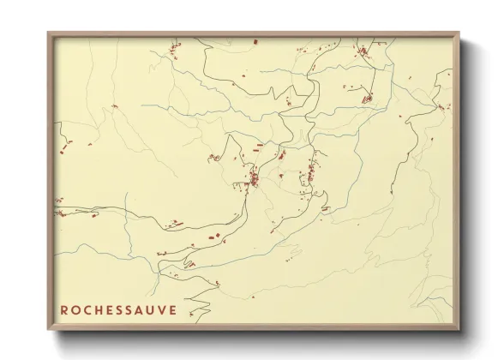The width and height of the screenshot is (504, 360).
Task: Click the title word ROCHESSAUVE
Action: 117,309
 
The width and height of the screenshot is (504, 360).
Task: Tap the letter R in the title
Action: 63,309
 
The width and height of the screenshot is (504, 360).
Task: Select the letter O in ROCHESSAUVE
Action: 75,309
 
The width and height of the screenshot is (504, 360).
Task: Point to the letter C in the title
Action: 86,309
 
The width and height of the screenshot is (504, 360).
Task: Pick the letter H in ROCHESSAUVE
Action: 97,309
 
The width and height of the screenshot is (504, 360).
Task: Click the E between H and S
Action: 107,309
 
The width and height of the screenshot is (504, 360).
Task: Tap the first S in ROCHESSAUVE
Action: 117,309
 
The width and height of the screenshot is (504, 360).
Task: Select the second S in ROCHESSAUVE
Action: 128,309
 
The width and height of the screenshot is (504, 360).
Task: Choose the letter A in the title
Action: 139,309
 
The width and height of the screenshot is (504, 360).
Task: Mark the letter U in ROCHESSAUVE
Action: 150,309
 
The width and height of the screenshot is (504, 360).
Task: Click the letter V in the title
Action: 161,309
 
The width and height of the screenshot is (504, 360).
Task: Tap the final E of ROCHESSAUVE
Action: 171,309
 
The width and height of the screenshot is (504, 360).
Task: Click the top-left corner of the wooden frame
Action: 49,33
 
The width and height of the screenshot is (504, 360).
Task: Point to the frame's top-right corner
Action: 459,33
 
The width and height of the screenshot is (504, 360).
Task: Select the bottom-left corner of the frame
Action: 49,330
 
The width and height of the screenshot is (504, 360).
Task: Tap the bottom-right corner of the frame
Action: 459,330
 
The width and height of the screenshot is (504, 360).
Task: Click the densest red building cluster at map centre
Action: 255,179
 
